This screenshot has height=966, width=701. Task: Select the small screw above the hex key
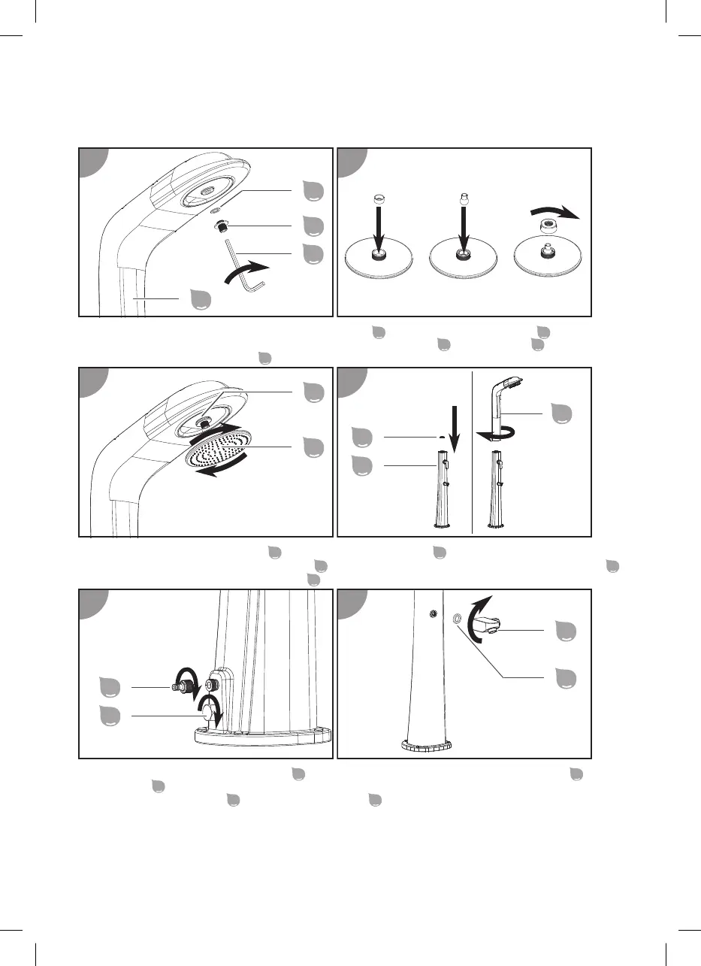pos(221,226)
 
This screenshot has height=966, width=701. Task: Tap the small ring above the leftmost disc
pos(379,198)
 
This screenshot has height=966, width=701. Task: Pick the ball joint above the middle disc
pos(464,201)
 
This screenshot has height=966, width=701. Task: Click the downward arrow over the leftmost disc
pos(379,225)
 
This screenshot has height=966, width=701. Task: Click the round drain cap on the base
pos(207,710)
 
